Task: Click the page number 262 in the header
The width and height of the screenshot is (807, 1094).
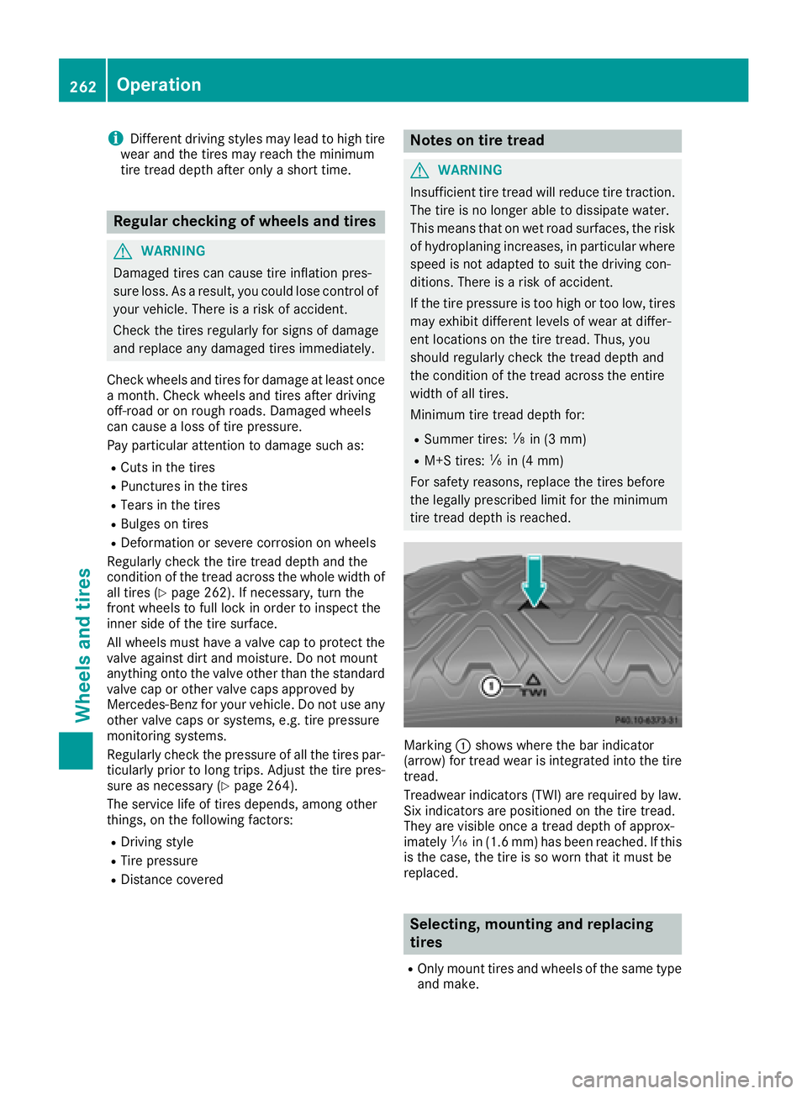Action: [x=82, y=86]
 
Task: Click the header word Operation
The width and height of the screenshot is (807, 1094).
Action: [x=159, y=85]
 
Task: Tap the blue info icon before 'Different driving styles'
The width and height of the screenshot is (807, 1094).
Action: [x=115, y=139]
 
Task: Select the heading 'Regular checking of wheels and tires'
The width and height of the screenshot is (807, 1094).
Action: [x=245, y=222]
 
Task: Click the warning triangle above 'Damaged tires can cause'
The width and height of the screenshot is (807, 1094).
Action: [x=123, y=251]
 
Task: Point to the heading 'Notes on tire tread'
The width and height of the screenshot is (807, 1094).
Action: [x=477, y=140]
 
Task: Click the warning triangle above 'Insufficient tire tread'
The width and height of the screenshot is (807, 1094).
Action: [x=419, y=171]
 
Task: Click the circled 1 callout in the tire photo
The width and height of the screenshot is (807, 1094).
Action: [x=491, y=687]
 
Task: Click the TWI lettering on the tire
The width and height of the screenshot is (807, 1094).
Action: [x=533, y=692]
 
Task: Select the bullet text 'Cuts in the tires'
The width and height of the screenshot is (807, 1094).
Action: [x=167, y=468]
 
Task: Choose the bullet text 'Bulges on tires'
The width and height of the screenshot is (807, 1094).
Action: [x=164, y=524]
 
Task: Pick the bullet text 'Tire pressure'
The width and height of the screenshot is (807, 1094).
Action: [x=159, y=861]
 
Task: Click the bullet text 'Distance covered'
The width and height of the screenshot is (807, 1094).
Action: [x=171, y=880]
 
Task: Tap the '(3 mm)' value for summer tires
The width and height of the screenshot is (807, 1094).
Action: [x=565, y=439]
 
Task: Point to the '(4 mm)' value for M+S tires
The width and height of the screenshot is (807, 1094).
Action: [x=542, y=460]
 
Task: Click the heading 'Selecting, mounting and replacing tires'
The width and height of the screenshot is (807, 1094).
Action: [x=531, y=934]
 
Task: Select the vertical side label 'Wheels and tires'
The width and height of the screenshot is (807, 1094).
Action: [x=82, y=644]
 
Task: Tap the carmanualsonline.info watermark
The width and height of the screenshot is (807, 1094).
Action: [x=682, y=1079]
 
